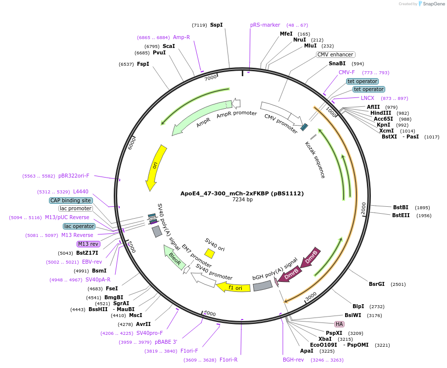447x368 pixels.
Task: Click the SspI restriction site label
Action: click(216, 25)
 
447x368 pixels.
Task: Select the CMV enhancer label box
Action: click(336, 55)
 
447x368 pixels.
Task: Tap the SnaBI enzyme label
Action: click(337, 64)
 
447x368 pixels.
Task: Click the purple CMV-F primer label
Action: click(347, 73)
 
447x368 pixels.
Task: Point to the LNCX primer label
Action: click(367, 98)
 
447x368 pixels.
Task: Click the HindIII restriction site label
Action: click(381, 113)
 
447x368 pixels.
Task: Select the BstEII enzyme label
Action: click(401, 215)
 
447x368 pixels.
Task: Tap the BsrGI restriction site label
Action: click(377, 284)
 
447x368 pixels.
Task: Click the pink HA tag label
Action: click(339, 324)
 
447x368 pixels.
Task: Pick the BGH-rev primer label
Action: click(293, 360)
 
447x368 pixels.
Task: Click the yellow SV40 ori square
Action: click(210, 254)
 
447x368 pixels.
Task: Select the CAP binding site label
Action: click(71, 200)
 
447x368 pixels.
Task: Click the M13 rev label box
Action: click(89, 244)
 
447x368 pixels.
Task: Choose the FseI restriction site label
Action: click(112, 289)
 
